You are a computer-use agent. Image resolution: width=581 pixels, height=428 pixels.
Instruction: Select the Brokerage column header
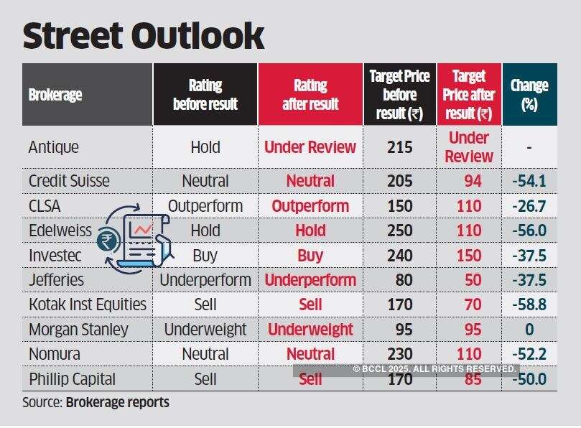pyautogui.click(x=55, y=95)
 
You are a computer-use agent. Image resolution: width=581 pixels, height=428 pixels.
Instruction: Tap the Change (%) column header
pyautogui.click(x=529, y=95)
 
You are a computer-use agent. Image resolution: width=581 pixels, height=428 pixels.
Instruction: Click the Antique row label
pyautogui.click(x=54, y=147)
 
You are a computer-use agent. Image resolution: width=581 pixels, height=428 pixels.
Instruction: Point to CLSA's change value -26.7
pyautogui.click(x=529, y=206)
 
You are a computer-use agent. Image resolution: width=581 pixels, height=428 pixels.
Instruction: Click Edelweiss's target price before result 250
pyautogui.click(x=400, y=231)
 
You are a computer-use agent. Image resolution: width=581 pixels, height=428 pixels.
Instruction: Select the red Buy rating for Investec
pyautogui.click(x=310, y=255)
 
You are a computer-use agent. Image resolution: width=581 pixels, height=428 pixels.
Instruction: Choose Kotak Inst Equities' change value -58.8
pyautogui.click(x=529, y=304)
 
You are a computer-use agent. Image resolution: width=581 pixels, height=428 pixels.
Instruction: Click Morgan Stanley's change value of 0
pyautogui.click(x=529, y=330)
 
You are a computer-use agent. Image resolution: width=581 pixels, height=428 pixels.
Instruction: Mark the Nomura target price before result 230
pyautogui.click(x=400, y=354)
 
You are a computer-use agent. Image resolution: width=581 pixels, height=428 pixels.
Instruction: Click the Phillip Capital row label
pyautogui.click(x=72, y=378)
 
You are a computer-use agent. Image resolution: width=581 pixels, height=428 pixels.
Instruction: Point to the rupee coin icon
pyautogui.click(x=111, y=239)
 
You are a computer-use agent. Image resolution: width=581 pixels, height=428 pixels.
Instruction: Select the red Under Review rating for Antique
pyautogui.click(x=310, y=147)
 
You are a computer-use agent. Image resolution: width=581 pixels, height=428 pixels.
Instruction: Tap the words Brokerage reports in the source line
pyautogui.click(x=118, y=402)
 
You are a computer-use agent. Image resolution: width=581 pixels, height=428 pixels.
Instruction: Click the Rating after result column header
pyautogui.click(x=310, y=95)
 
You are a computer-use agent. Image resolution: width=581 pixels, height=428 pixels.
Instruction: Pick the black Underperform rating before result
pyautogui.click(x=205, y=279)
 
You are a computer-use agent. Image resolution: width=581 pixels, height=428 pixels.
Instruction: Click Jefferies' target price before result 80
pyautogui.click(x=400, y=279)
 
